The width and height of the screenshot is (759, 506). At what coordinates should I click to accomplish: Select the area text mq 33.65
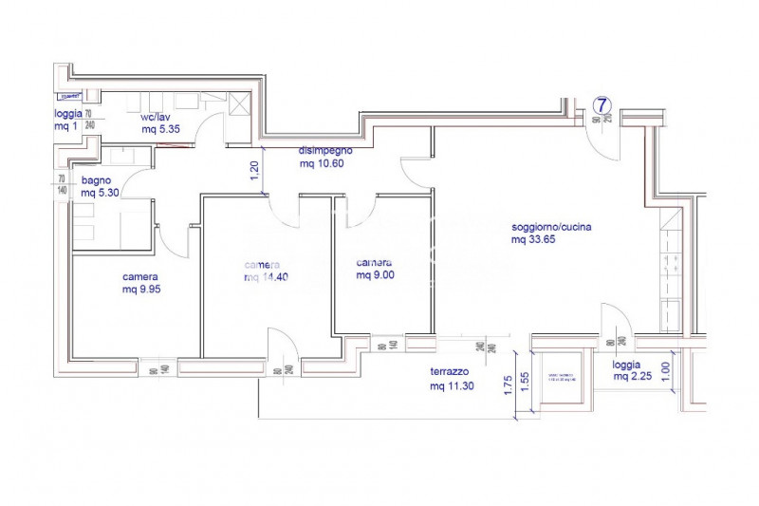coord(533,239)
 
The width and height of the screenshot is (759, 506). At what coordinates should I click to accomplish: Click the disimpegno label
coord(326,150)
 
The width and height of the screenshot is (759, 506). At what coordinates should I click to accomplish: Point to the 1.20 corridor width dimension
coord(253,171)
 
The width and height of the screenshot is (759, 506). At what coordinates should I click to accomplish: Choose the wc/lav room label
coord(156,117)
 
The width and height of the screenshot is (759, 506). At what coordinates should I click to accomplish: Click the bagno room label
coord(98,180)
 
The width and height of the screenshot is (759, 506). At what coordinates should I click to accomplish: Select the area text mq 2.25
coord(631,377)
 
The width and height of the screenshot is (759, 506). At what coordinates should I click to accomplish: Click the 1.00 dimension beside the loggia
coord(665,369)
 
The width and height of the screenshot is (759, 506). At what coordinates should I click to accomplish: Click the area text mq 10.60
coord(321,163)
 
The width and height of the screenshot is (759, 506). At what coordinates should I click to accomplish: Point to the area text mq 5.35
coord(160,129)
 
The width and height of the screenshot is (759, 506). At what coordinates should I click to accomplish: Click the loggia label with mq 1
coord(68,120)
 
